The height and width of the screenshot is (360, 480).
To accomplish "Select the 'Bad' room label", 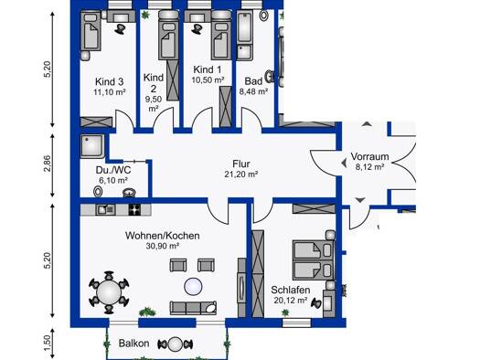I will pyautogui.click(x=252, y=79).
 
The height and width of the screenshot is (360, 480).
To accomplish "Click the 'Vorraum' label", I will pyautogui.click(x=368, y=155).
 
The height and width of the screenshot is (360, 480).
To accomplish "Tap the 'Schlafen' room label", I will pyautogui.click(x=291, y=291).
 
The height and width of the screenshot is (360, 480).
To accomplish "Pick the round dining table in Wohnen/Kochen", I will pyautogui.click(x=110, y=292).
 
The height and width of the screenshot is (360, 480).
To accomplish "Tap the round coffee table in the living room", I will pyautogui.click(x=193, y=286).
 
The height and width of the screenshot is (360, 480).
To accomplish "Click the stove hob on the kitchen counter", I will pyautogui.click(x=136, y=209).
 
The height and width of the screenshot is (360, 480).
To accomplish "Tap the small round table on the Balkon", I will pyautogui.click(x=173, y=344).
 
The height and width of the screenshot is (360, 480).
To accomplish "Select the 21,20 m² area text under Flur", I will pyautogui.click(x=240, y=173).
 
